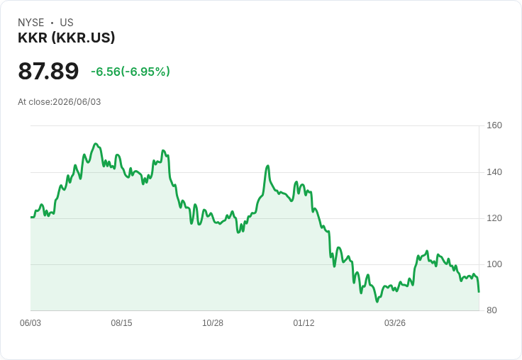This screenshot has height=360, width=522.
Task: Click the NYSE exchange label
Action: click(31, 23)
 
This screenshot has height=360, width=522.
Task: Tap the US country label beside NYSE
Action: click(67, 23)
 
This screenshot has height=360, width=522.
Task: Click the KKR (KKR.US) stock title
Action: click(66, 38)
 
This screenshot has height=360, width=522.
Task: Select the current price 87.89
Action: click(48, 71)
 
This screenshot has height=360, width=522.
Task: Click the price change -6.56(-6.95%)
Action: click(130, 72)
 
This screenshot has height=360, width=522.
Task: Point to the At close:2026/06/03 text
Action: click(60, 102)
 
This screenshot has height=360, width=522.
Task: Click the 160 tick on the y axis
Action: click(494, 125)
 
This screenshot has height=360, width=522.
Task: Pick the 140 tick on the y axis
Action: click(494, 172)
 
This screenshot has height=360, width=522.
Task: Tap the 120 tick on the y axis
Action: click(494, 218)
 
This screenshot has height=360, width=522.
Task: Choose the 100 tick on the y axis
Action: click(494, 264)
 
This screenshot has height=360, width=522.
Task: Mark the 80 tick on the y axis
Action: click(492, 310)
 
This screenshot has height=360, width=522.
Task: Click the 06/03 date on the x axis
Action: click(30, 323)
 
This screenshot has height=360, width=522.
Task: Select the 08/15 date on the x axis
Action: click(121, 323)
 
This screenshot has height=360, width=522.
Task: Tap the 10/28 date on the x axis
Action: click(213, 323)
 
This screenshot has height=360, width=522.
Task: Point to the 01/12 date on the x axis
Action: click(304, 323)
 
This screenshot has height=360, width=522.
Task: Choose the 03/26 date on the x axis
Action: click(395, 323)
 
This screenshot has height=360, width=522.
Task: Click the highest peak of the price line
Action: click(96, 144)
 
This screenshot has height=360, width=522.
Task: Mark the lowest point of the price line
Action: click(377, 302)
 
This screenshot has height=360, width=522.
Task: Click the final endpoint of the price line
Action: click(479, 292)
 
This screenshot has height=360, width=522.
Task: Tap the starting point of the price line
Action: click(31, 218)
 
